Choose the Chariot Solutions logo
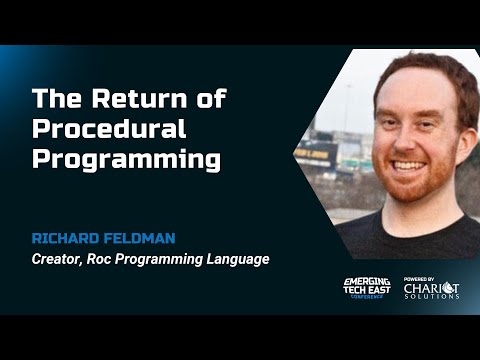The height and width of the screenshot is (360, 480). (x=431, y=291)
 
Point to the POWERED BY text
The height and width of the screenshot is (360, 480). (x=420, y=279)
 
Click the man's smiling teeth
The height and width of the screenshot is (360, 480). (x=411, y=165)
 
